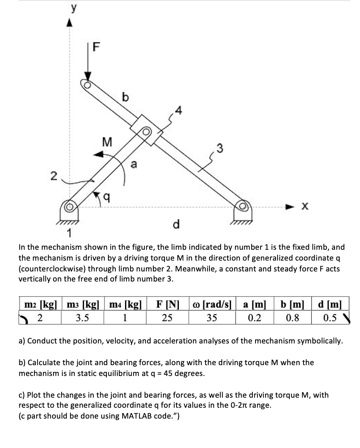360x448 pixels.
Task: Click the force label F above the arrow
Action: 96,48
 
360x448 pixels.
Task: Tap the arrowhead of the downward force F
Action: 88,77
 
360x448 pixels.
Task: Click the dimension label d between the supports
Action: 176,224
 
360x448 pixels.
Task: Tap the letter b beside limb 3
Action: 125,98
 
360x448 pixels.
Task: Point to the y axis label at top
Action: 70,7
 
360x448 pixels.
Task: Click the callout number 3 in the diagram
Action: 220,147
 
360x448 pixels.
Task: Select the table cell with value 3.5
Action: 82,318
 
